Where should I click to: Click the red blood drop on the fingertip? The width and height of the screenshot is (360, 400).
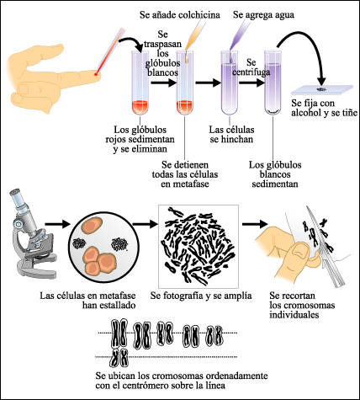98,79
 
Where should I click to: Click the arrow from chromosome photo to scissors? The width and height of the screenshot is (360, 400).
251,225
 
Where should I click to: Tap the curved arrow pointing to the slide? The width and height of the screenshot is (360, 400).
315,51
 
